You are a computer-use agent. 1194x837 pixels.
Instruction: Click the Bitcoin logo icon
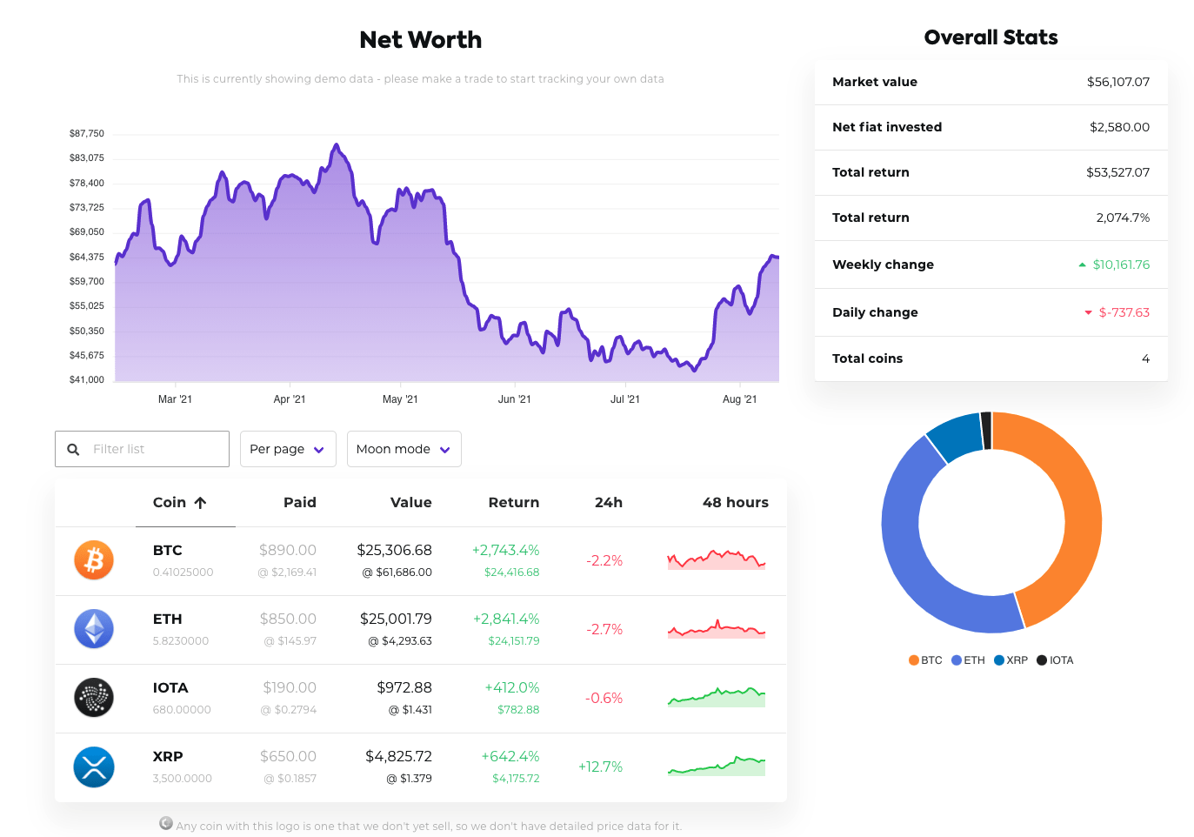coord(94,560)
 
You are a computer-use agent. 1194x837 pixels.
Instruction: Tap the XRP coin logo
coord(94,767)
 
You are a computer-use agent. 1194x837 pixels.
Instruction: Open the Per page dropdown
coord(287,449)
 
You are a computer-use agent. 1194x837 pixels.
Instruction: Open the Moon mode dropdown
coord(404,449)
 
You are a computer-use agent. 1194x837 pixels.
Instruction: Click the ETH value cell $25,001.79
coord(396,619)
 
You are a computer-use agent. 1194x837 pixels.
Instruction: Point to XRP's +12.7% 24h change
coord(600,767)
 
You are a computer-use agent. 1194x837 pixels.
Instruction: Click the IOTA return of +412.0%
coord(511,687)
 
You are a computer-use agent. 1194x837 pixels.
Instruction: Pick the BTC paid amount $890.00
coord(288,550)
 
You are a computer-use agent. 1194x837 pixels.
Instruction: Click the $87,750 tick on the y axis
coord(87,133)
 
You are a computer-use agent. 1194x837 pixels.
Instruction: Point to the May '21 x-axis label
coord(400,399)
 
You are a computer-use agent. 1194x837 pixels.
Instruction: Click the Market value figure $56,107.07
coord(1117,82)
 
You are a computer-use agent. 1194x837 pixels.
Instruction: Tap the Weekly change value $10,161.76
coord(1120,264)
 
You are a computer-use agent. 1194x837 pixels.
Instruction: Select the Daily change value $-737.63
coord(1124,312)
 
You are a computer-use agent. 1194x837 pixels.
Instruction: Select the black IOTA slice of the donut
coord(986,430)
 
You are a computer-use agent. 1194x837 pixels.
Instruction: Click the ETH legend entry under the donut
coord(968,660)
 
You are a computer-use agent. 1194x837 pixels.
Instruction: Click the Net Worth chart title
coord(420,40)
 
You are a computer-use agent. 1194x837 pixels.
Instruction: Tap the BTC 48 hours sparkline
coord(717,559)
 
